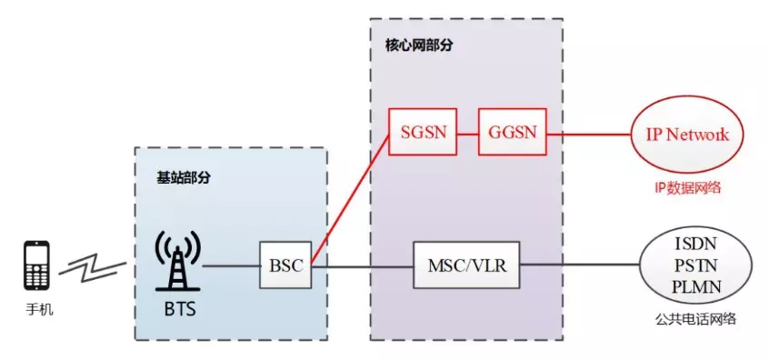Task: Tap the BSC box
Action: (284, 265)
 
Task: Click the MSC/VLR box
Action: (466, 265)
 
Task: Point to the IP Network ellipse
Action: (686, 135)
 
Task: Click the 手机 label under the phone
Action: (38, 310)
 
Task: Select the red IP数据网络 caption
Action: (687, 187)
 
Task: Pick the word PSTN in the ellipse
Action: (696, 265)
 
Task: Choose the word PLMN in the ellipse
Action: (696, 285)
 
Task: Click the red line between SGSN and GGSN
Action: (466, 134)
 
